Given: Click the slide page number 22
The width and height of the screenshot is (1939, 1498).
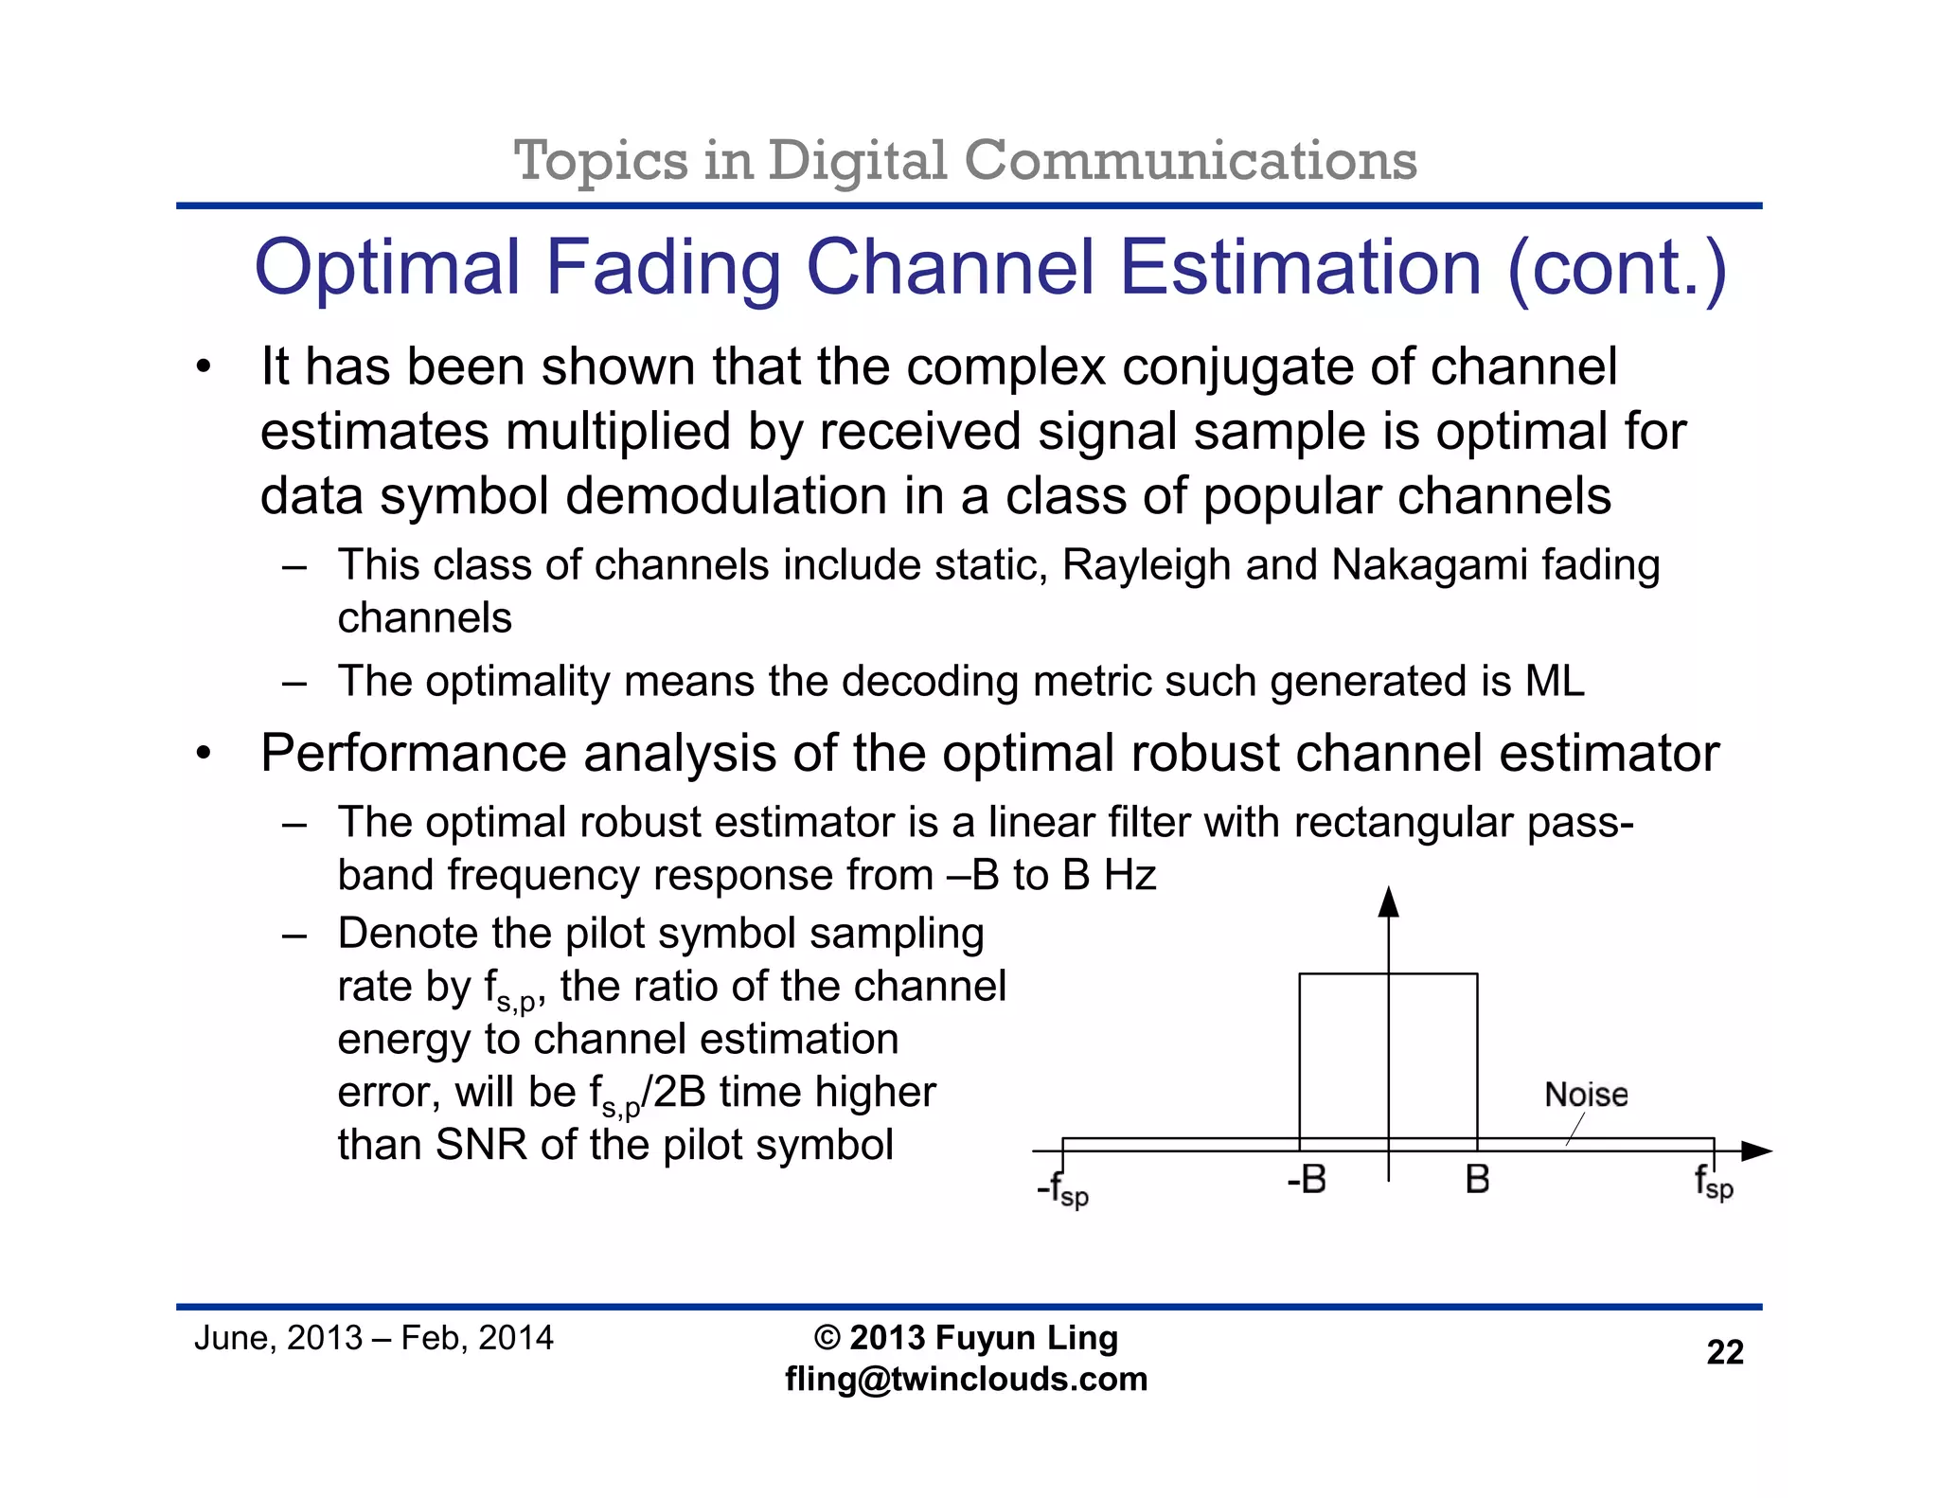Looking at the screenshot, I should pyautogui.click(x=1724, y=1352).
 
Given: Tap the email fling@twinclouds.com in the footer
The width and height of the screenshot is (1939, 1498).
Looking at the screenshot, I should pyautogui.click(x=966, y=1379).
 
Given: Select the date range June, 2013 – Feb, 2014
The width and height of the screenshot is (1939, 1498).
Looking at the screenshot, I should pyautogui.click(x=373, y=1338).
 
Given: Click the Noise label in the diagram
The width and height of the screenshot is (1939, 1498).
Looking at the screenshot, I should pyautogui.click(x=1586, y=1095).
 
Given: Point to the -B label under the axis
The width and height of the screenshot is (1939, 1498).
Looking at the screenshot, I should pyautogui.click(x=1307, y=1180).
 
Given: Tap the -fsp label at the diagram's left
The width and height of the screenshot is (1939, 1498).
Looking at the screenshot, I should pyautogui.click(x=1062, y=1189).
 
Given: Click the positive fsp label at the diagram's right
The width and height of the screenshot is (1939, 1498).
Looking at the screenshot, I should pyautogui.click(x=1714, y=1183).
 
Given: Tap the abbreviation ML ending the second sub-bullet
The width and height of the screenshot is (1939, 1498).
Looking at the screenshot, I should pyautogui.click(x=1554, y=682).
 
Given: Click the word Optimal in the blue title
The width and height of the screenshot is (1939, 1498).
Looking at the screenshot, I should pyautogui.click(x=388, y=268).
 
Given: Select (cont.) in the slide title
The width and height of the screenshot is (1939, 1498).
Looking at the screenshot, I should pyautogui.click(x=1617, y=268).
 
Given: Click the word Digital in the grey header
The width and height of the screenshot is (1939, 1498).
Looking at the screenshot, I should pyautogui.click(x=857, y=160).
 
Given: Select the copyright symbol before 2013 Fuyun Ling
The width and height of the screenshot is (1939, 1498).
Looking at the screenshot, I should pyautogui.click(x=827, y=1338).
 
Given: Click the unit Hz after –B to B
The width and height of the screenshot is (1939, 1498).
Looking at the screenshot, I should pyautogui.click(x=1130, y=875).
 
